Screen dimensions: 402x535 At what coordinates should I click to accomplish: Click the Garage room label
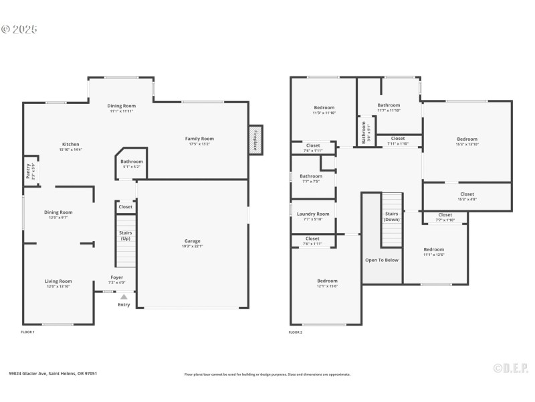click(x=193, y=241)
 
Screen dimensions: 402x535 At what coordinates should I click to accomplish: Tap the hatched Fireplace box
click(x=255, y=141)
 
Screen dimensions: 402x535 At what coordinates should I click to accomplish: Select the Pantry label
click(x=28, y=171)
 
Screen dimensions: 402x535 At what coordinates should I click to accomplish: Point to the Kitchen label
click(x=71, y=145)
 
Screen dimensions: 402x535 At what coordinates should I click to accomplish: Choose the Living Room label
click(x=58, y=281)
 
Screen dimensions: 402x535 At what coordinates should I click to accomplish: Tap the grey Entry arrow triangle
click(x=124, y=296)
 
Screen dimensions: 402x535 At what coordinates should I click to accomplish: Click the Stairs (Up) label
click(x=125, y=236)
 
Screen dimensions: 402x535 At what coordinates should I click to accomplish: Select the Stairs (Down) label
click(x=392, y=216)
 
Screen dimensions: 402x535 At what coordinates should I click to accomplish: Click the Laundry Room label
click(x=313, y=214)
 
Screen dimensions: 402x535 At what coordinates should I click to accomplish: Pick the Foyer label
click(x=117, y=277)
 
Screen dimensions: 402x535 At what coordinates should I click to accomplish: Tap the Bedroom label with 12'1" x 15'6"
click(x=327, y=281)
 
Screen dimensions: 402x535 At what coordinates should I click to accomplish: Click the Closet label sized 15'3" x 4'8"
click(x=467, y=194)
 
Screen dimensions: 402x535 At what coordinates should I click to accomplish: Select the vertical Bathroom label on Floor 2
click(x=364, y=131)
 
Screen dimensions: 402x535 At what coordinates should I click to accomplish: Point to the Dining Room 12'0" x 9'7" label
click(x=58, y=212)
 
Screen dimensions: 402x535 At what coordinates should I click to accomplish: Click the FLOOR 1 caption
click(x=28, y=332)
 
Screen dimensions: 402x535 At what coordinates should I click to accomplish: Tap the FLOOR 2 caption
click(x=296, y=332)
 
